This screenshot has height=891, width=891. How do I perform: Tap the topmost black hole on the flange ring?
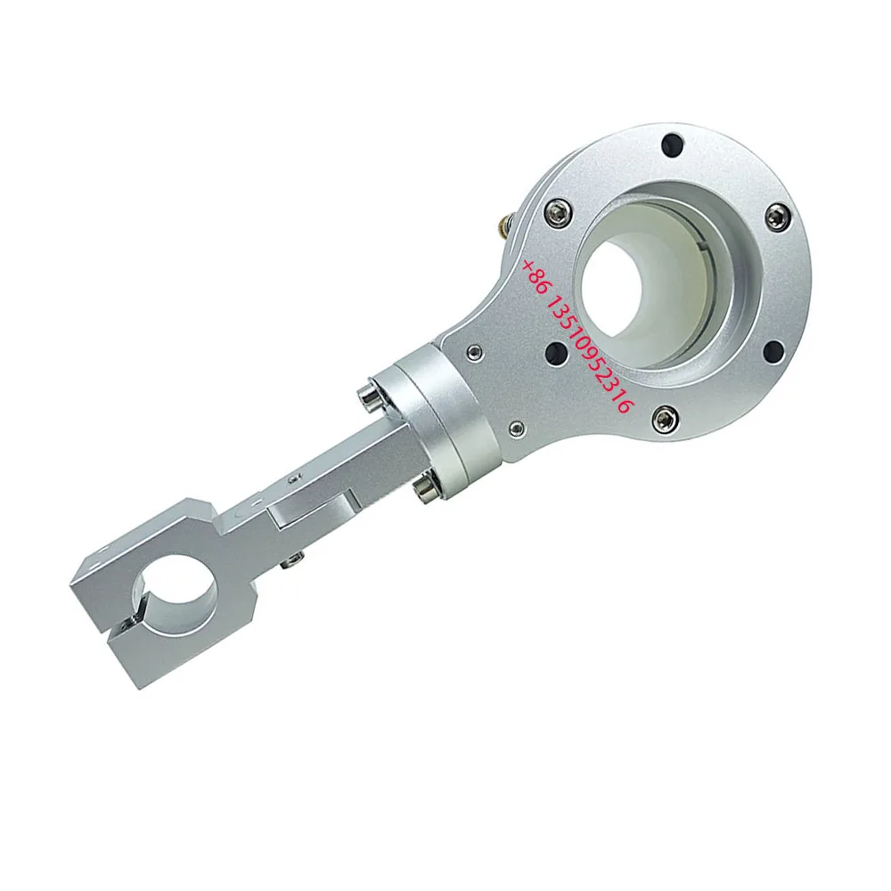coord(674,143)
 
